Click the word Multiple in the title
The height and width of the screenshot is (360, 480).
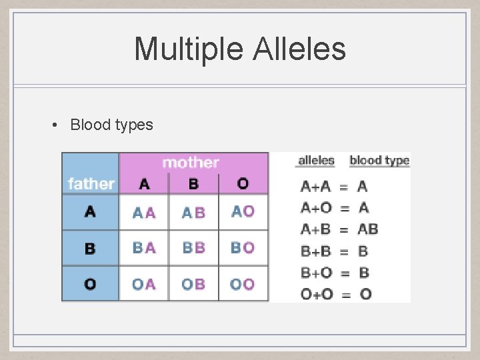[x=189, y=49]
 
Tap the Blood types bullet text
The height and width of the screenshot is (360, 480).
[x=111, y=125]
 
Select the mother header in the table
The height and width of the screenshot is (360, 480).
[x=191, y=163]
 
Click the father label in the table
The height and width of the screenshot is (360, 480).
[x=91, y=183]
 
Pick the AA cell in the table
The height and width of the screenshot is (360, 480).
[x=144, y=213]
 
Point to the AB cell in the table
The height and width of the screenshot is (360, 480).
[x=193, y=213]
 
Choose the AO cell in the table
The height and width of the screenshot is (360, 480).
[x=243, y=211]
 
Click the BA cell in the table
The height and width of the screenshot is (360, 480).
[x=144, y=248]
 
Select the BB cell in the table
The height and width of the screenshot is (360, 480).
[x=193, y=248]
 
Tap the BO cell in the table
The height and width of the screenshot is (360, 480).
[x=243, y=248]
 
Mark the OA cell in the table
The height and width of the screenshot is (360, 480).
[x=144, y=284]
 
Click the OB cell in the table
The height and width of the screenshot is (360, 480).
[x=193, y=284]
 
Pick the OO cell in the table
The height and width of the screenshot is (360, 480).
[x=243, y=284]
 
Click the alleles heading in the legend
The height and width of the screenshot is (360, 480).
[x=316, y=160]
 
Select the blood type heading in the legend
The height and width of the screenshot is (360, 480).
[x=379, y=160]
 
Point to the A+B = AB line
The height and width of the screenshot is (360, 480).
[x=339, y=229]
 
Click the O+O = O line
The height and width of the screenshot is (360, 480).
[x=336, y=294]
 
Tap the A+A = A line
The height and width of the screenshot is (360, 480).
[x=334, y=187]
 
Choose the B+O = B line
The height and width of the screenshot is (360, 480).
[x=335, y=273]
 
